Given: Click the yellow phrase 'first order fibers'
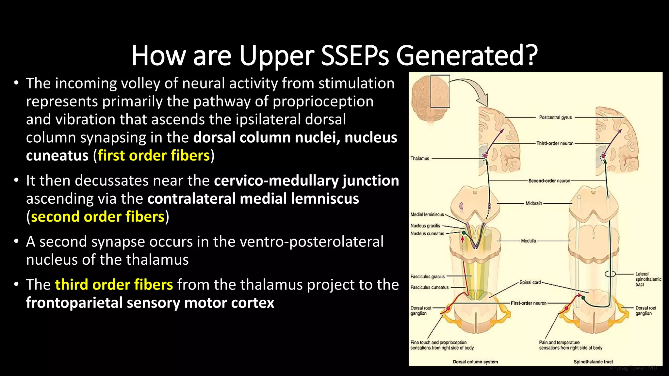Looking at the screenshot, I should pyautogui.click(x=154, y=155).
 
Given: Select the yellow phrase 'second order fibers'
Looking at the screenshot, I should pyautogui.click(x=98, y=217).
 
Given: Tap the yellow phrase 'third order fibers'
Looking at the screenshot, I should pyautogui.click(x=114, y=285).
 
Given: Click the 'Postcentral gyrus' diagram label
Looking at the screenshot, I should pyautogui.click(x=555, y=117).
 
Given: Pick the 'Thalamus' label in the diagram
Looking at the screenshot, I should pyautogui.click(x=420, y=158).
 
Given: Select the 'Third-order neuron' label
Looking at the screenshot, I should pyautogui.click(x=555, y=143).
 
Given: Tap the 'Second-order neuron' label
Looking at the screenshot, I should pyautogui.click(x=549, y=180).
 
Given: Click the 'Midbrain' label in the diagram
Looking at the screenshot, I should pyautogui.click(x=534, y=203).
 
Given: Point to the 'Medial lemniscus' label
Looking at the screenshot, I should pyautogui.click(x=427, y=214).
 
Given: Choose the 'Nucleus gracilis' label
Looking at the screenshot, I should pyautogui.click(x=425, y=226).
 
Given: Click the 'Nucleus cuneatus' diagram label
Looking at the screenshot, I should pyautogui.click(x=427, y=233).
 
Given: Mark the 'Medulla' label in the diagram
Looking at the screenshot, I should pyautogui.click(x=529, y=241).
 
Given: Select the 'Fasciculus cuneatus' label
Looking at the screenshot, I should pyautogui.click(x=430, y=287).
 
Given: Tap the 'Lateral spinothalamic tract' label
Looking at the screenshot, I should pyautogui.click(x=648, y=279).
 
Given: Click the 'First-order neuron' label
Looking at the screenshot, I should pyautogui.click(x=529, y=303).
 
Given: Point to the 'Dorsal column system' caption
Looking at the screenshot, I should pyautogui.click(x=475, y=362).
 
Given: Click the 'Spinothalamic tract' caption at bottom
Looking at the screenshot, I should pyautogui.click(x=593, y=362).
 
